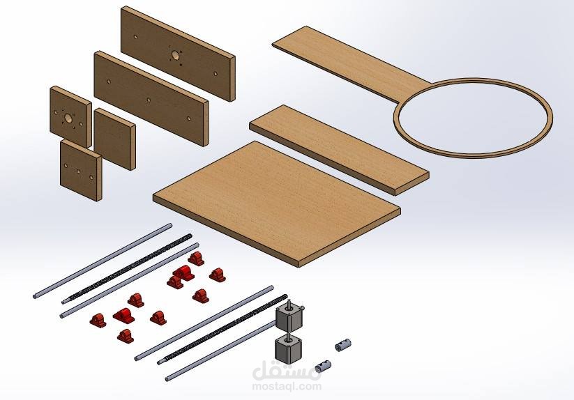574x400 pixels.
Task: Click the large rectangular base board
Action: point(276,203)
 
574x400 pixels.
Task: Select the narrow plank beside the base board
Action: point(339,150)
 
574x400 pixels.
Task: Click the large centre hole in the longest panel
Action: point(175,56)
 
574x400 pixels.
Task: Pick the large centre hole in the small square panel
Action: point(68,118)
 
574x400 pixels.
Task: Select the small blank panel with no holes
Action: point(114,139)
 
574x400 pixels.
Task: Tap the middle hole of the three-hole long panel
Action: point(149,100)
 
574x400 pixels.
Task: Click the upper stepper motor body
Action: point(289,317)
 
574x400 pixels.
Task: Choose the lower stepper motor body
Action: point(288,349)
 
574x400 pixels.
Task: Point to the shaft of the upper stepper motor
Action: point(289,303)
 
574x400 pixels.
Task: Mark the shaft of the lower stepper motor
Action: point(289,336)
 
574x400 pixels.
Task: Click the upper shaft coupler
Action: point(343,344)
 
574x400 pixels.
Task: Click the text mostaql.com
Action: point(287,386)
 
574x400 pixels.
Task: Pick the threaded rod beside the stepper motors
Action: point(222,328)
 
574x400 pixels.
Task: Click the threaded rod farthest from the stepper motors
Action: point(127,269)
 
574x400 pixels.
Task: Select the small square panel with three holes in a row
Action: point(80,171)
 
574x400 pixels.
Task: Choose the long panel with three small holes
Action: point(151,99)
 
